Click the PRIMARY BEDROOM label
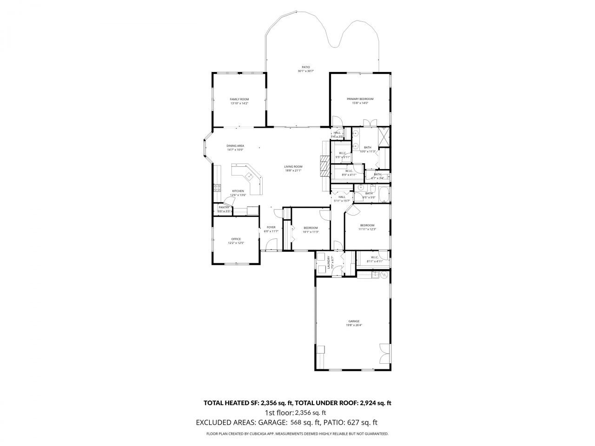[x=360, y=99]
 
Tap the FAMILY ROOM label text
[x=239, y=99]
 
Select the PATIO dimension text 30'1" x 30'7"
[x=306, y=71]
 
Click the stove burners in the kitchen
[x=217, y=188]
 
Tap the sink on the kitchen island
[x=250, y=176]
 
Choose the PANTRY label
[x=224, y=207]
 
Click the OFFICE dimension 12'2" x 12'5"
[x=236, y=243]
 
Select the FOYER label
[x=271, y=227]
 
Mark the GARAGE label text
[x=354, y=321]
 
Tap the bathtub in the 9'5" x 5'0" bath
[x=383, y=194]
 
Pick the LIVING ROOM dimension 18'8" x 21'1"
[x=293, y=171]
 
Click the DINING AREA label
[x=235, y=146]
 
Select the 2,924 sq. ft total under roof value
[x=375, y=403]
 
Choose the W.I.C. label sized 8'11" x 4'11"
[x=375, y=261]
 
